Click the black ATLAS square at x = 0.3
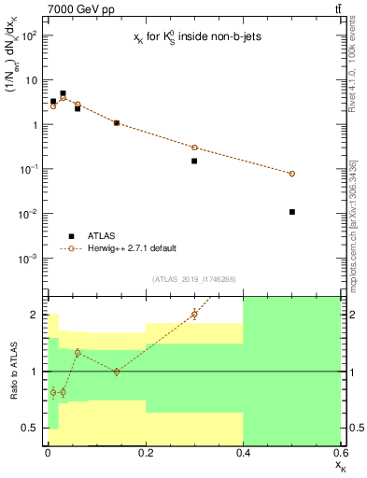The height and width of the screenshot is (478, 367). tap(194, 161)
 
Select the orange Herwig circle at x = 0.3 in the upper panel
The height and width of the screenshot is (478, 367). tap(194, 148)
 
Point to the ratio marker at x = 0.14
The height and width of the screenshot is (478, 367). tap(116, 372)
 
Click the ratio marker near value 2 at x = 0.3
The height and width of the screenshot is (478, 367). tap(194, 314)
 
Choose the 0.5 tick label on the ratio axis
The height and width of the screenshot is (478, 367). tap(31, 428)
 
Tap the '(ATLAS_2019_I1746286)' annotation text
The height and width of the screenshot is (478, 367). tap(193, 279)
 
